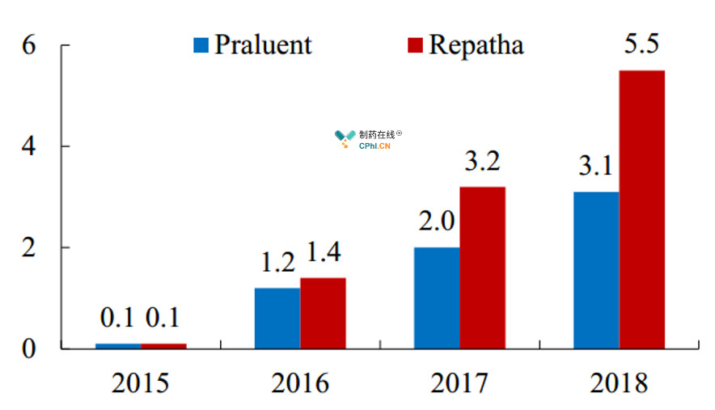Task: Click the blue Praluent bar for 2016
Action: point(277,319)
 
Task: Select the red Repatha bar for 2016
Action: point(323,313)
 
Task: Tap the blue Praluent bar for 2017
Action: point(437,298)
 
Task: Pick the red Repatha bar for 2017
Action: point(482,268)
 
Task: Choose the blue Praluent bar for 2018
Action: point(596,270)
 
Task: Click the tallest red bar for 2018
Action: point(642,209)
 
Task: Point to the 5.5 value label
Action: point(641,44)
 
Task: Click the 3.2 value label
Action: point(482,161)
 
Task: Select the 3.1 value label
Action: point(596,165)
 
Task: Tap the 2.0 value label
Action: point(437,222)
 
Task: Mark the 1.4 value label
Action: point(324,251)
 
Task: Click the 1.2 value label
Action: point(278,262)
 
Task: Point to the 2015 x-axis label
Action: point(141,383)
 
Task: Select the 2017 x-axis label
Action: point(459,383)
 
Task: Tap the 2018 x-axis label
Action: point(619,383)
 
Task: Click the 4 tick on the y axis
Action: point(28,146)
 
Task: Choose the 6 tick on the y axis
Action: point(28,44)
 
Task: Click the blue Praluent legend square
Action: point(201,44)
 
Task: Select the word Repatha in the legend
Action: point(476,44)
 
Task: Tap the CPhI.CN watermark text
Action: point(374,146)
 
